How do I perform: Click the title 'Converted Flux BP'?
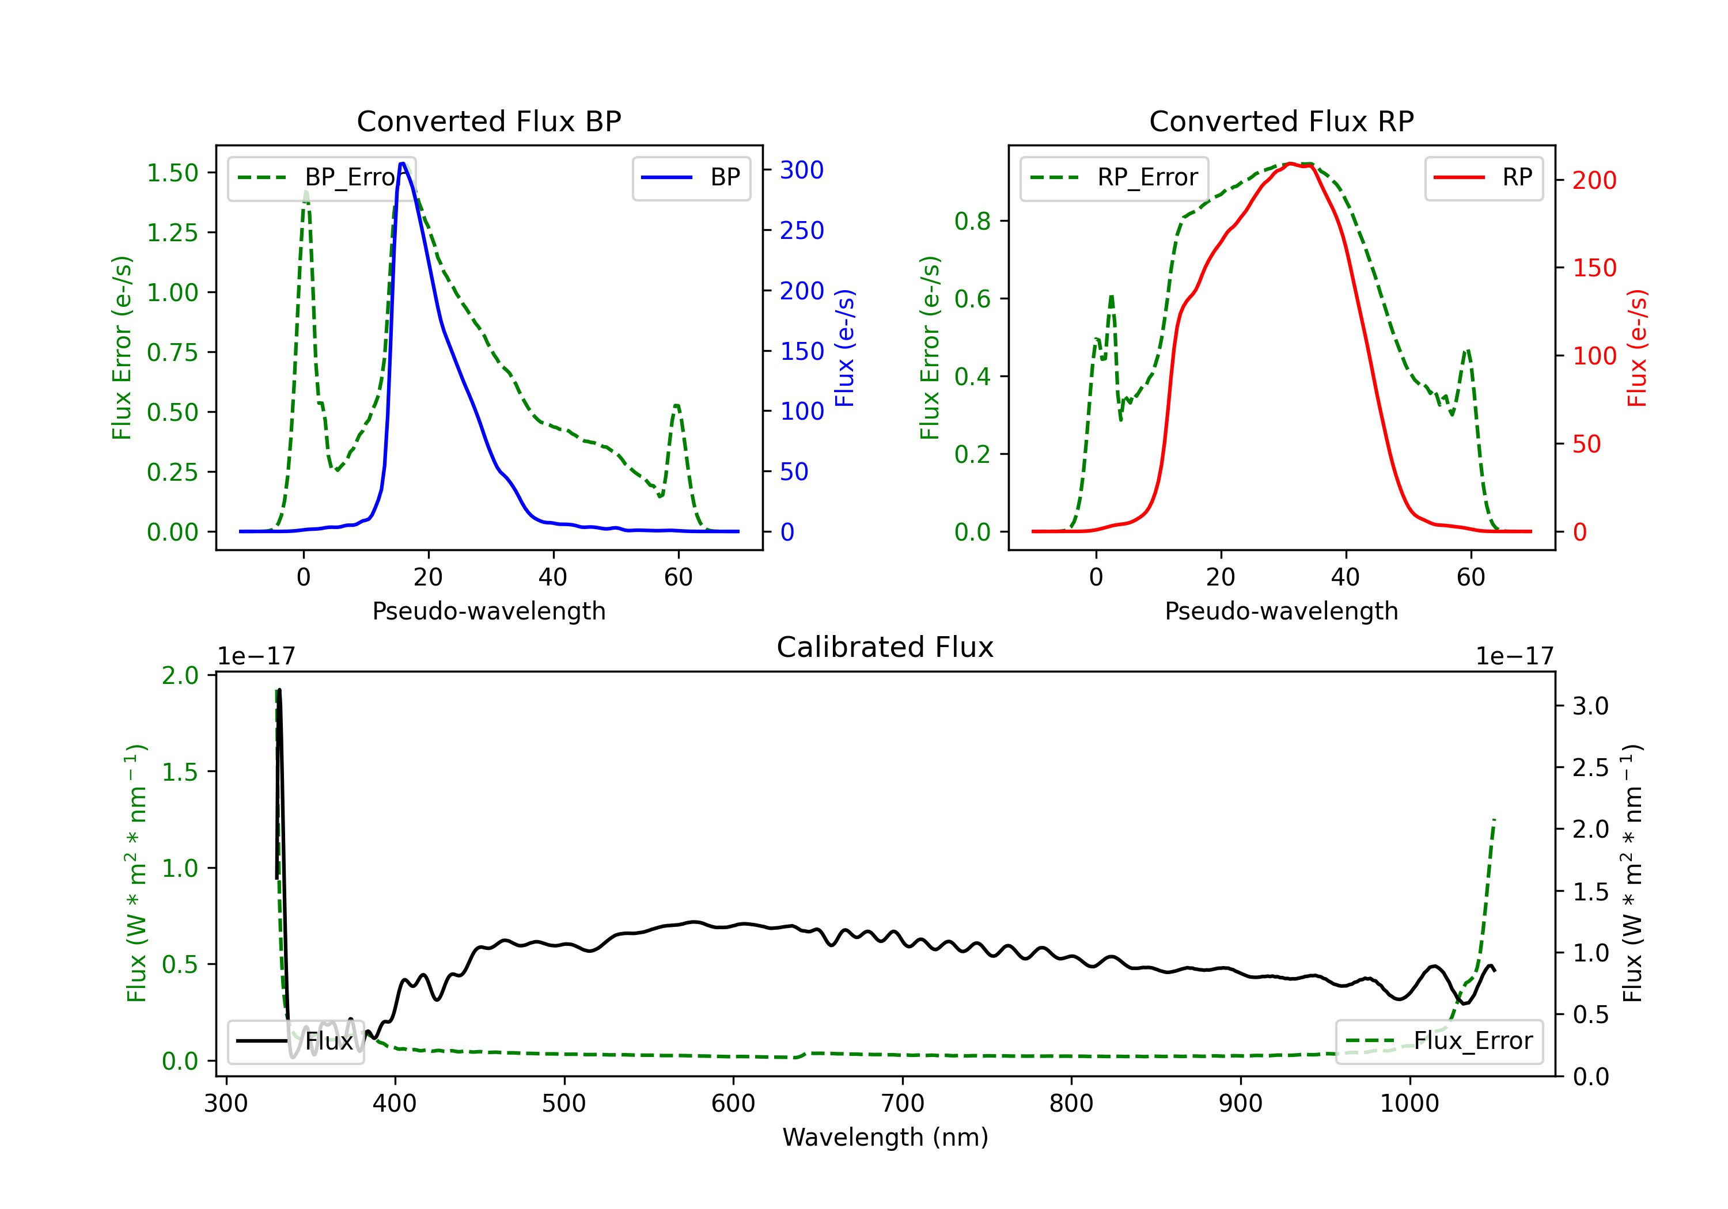(488, 121)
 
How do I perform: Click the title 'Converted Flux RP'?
(1281, 121)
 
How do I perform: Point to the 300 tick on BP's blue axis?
(802, 170)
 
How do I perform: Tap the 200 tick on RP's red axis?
(1594, 181)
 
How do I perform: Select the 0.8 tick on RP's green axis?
(972, 221)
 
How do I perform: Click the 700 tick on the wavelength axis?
(901, 1104)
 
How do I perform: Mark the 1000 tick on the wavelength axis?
(1409, 1104)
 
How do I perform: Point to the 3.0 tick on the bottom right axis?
(1590, 706)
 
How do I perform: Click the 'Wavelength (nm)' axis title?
(885, 1137)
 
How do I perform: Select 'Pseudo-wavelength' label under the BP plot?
(488, 611)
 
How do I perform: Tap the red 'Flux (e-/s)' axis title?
(1637, 348)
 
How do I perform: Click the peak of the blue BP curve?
(403, 164)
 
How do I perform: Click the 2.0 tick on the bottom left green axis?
(180, 675)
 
